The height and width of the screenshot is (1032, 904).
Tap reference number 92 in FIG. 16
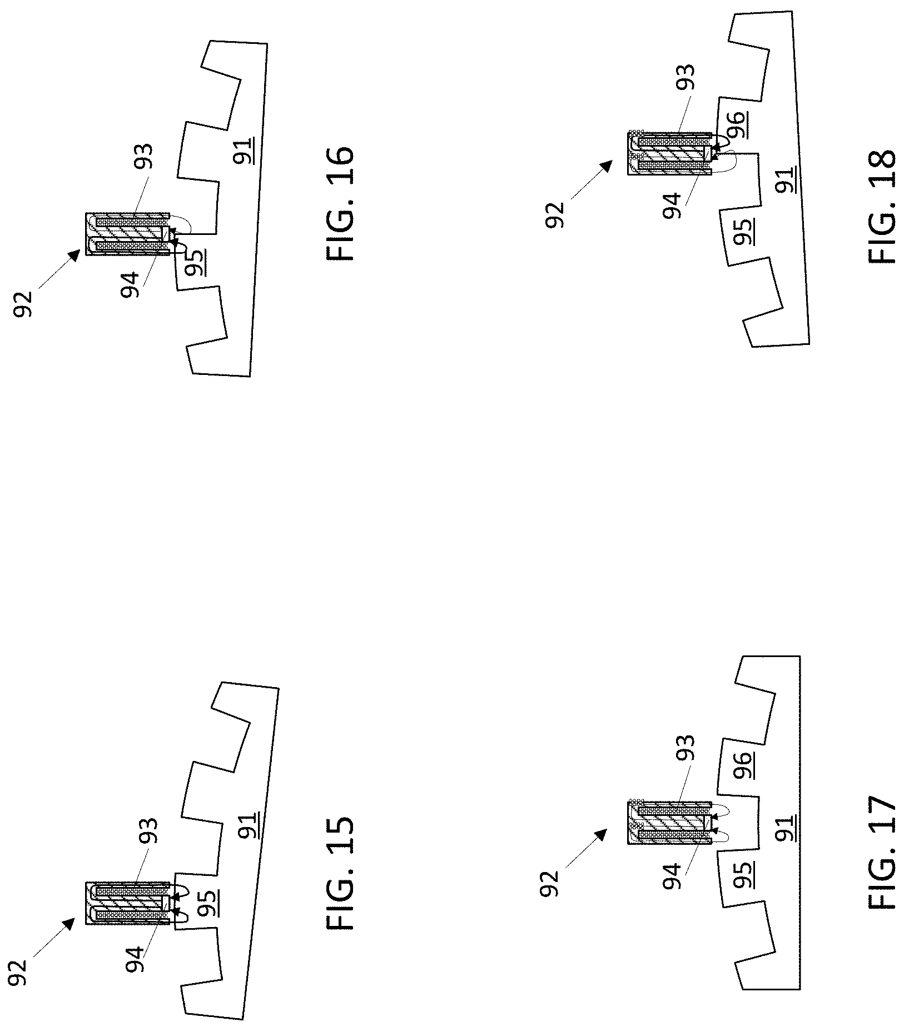[x=23, y=303]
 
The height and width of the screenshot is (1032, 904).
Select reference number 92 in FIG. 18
[x=555, y=214]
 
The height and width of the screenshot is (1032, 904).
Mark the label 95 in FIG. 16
[x=193, y=262]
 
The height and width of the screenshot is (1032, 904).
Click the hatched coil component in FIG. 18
[x=669, y=153]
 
